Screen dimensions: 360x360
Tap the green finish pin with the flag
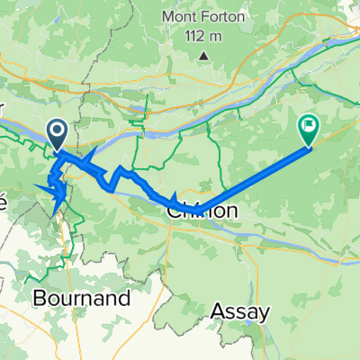(x=308, y=131)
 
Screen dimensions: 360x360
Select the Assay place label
(x=239, y=312)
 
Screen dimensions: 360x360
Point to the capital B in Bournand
(x=40, y=296)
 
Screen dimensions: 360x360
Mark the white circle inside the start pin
(x=56, y=132)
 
